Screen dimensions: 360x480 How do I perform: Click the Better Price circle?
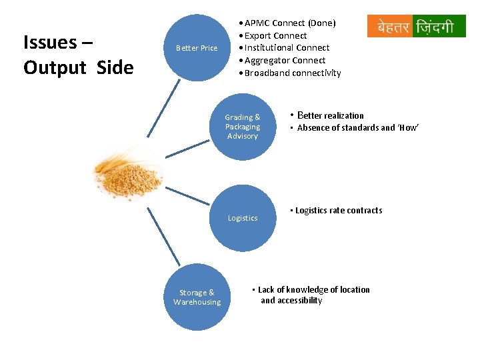pos(197,48)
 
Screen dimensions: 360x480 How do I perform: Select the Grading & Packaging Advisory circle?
pos(242,127)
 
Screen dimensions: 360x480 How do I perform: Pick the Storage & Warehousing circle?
pos(197,297)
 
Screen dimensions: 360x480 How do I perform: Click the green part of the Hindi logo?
pos(438,27)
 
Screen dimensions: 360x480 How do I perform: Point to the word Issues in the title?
pos(50,43)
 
